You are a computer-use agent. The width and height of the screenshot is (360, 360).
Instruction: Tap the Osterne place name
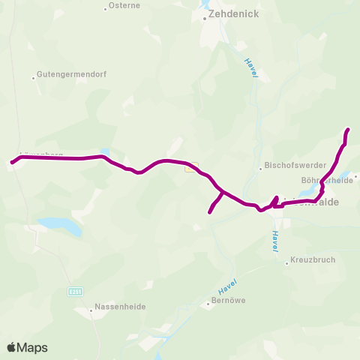coord(124,5)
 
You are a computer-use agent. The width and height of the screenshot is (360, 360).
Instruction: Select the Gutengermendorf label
coord(67,76)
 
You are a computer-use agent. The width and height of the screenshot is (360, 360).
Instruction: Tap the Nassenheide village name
coord(120,307)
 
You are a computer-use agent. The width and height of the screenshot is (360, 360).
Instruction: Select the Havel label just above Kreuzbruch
coord(275,240)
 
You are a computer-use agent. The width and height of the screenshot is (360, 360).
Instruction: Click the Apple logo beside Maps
coord(11,347)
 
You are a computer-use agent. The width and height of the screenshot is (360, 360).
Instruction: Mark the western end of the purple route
coord(10,162)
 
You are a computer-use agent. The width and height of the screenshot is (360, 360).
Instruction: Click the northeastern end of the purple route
coord(349,130)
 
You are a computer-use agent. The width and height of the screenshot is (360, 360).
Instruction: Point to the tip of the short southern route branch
coord(209,212)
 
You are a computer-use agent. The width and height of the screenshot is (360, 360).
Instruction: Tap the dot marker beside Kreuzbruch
coord(287,262)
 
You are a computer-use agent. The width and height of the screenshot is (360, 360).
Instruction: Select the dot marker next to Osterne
coord(105,9)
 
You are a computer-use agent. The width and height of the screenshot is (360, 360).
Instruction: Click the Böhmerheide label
coord(326,180)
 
